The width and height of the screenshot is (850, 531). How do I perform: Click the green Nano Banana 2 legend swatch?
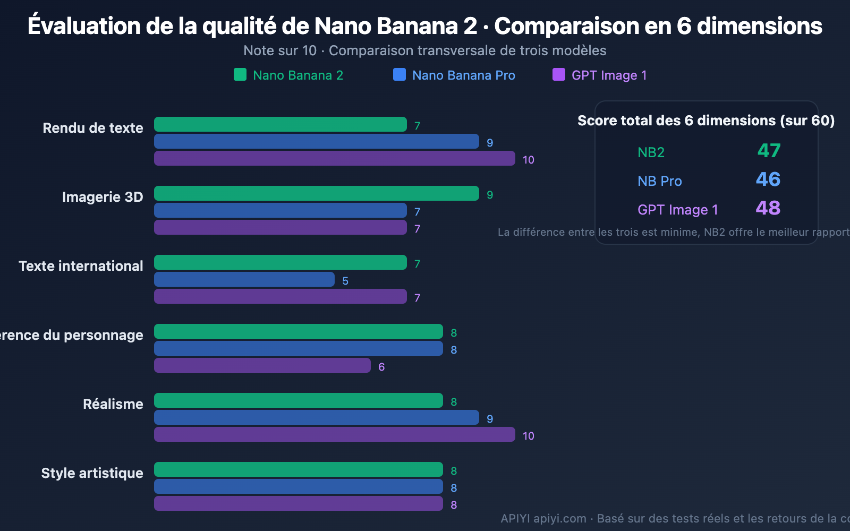[240, 74]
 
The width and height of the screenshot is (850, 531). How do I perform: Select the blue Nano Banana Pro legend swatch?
[399, 74]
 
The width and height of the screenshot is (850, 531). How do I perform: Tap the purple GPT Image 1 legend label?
[609, 75]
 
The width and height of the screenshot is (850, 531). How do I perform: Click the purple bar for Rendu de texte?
[335, 158]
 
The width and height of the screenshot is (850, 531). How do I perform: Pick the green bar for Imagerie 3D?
[317, 193]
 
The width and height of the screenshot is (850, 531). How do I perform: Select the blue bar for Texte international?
[244, 279]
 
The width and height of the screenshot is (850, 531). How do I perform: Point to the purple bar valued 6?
[262, 365]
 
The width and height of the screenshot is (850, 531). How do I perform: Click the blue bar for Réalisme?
[317, 417]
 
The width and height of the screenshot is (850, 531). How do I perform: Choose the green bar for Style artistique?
[299, 469]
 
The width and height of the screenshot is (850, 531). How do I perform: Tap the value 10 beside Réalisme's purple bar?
[528, 436]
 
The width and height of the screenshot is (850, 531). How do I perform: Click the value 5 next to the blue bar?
[345, 281]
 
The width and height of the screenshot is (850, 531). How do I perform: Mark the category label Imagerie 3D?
[103, 197]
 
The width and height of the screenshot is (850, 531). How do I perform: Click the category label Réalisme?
[113, 404]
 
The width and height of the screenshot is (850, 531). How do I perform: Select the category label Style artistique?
[92, 473]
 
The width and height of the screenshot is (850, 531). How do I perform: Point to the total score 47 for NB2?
[769, 151]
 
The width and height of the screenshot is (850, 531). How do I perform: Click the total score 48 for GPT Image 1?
[768, 208]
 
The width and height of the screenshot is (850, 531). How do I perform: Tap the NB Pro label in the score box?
[659, 181]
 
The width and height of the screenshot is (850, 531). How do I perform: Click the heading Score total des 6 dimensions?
[705, 121]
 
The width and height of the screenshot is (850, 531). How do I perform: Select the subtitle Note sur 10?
[280, 50]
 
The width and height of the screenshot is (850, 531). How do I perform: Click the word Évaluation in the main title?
[84, 25]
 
